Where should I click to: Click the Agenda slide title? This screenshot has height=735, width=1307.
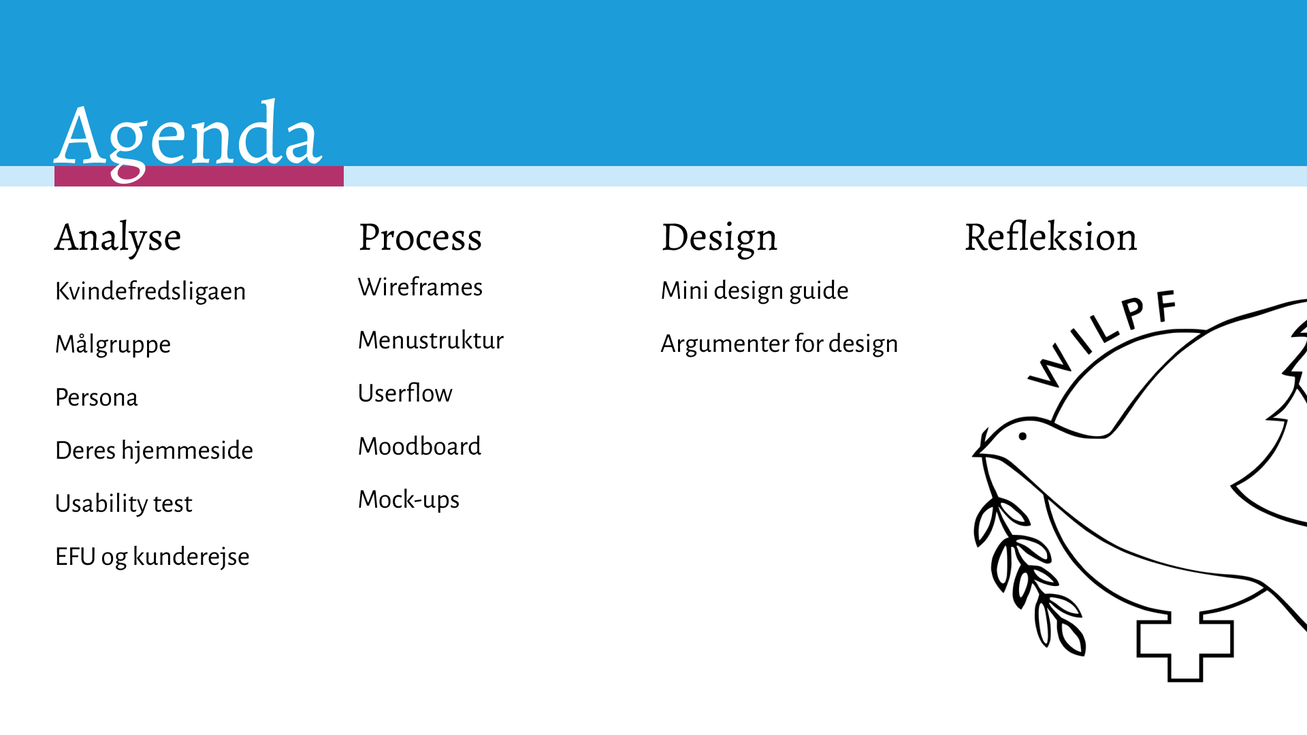(x=188, y=140)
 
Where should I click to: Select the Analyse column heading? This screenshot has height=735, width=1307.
(x=118, y=238)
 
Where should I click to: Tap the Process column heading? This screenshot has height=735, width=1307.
(x=421, y=238)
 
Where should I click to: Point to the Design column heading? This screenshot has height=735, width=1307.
(x=719, y=238)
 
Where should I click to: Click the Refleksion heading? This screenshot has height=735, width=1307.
(x=1050, y=237)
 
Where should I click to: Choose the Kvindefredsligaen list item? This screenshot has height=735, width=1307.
(x=150, y=291)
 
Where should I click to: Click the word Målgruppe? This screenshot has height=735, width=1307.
(x=113, y=344)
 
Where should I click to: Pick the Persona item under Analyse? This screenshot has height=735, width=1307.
(x=97, y=397)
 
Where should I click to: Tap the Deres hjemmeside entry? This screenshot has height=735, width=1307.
(x=154, y=451)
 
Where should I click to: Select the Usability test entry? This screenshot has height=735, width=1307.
(x=124, y=504)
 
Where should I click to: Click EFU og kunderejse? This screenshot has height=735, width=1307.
(x=152, y=557)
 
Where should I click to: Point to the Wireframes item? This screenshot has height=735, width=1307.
(x=420, y=287)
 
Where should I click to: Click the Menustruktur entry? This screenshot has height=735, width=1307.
(x=431, y=340)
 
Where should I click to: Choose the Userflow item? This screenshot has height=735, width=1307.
(x=405, y=393)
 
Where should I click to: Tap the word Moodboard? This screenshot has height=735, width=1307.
(x=419, y=446)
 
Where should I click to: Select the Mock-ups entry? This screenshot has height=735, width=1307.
(x=408, y=500)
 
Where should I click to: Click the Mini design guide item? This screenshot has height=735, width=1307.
(x=755, y=291)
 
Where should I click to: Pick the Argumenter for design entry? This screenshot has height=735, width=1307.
(x=779, y=344)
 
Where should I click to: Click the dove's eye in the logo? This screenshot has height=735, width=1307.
(x=1022, y=436)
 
